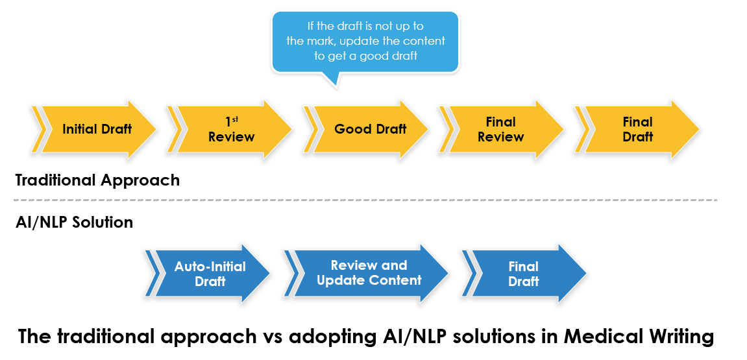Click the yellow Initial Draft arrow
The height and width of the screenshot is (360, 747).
coord(97,129)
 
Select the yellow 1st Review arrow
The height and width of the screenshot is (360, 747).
coord(232,129)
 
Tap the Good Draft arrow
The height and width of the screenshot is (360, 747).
coord(370,129)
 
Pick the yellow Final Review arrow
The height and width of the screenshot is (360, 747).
coord(500,129)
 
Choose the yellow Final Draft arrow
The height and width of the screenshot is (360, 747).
coord(637,129)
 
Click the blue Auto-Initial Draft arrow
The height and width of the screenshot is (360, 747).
coord(210,274)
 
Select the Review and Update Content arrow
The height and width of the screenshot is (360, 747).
coord(369,273)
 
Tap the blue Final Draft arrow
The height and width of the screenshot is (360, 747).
coord(524,274)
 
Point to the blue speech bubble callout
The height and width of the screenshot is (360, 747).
coord(365,41)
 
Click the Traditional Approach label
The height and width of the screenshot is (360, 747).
coord(97,180)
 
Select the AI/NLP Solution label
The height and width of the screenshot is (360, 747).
coord(74,222)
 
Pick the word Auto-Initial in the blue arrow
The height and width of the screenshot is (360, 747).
coord(210,267)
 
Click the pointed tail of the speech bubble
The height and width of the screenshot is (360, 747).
coord(332,80)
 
